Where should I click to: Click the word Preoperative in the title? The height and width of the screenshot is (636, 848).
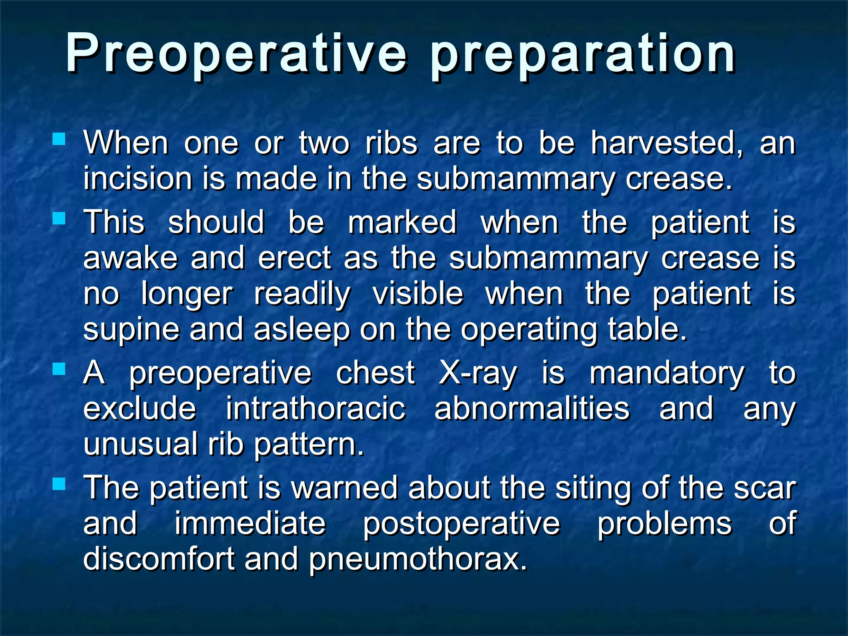click(x=236, y=54)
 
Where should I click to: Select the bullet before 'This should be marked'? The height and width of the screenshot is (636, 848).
click(x=59, y=218)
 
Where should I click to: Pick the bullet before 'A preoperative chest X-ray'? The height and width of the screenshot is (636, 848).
click(x=59, y=369)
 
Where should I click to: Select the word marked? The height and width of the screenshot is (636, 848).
click(x=402, y=222)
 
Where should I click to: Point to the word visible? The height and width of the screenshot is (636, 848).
click(x=418, y=294)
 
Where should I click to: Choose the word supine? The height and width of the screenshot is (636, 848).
click(x=131, y=330)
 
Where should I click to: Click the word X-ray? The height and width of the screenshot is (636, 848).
click(x=477, y=373)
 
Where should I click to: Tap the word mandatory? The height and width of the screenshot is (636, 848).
click(x=667, y=374)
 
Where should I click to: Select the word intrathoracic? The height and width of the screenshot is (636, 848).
click(x=316, y=409)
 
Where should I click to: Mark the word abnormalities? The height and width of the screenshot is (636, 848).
click(x=532, y=409)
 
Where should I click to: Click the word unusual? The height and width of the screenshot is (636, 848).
click(x=140, y=444)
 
